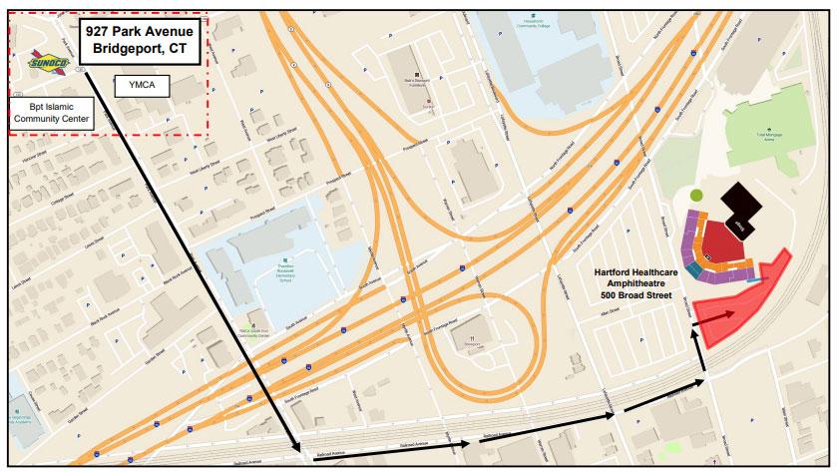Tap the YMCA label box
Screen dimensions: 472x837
tap(142, 87)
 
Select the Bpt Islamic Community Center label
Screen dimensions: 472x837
tap(51, 112)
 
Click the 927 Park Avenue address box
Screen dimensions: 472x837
tap(140, 40)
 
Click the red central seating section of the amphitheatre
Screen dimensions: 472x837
tap(725, 242)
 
